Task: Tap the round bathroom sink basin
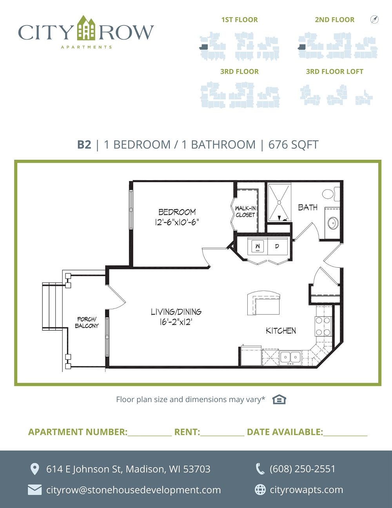(333, 223)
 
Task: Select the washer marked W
(258, 246)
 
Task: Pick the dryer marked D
(278, 246)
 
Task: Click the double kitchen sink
(290, 358)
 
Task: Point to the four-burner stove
(323, 326)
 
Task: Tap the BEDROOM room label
(177, 212)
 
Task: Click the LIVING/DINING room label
(176, 312)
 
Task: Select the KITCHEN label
(281, 331)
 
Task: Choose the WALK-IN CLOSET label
(245, 211)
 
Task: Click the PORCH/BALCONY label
(87, 322)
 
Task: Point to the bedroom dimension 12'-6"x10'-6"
(177, 222)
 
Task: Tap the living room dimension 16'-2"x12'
(176, 322)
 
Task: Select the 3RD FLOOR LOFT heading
(335, 71)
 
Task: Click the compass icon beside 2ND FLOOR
(374, 19)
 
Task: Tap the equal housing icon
(279, 399)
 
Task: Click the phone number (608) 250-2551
(302, 469)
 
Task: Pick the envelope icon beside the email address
(34, 490)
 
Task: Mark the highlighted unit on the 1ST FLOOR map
(204, 47)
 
